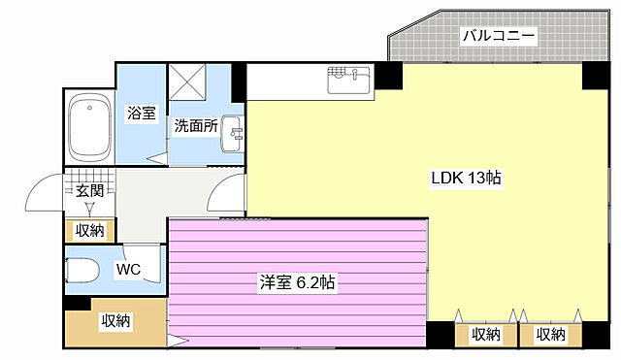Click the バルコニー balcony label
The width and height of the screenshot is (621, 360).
point(499,36)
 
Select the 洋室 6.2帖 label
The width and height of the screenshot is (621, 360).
point(297,283)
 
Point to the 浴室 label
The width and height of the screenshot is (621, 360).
point(142,114)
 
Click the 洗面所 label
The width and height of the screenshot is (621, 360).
point(195,125)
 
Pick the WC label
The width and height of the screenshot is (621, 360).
point(129,269)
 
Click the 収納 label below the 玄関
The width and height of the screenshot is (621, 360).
point(89,231)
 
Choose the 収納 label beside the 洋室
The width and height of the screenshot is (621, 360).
point(116,321)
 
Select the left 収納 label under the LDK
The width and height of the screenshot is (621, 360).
point(486,335)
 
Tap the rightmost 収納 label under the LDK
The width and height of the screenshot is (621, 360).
point(550,335)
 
